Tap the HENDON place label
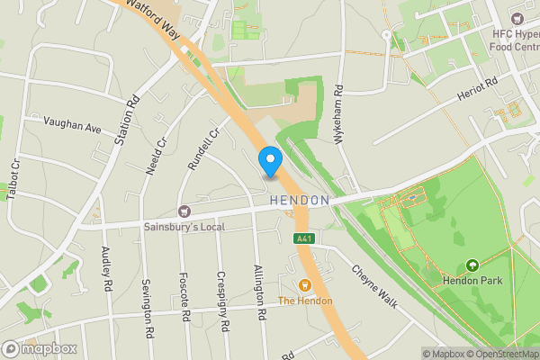click(300, 200)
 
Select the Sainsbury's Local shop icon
click(184, 211)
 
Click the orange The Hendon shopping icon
click(304, 284)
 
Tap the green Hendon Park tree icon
click(472, 265)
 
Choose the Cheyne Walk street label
click(374, 285)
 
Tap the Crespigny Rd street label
click(223, 301)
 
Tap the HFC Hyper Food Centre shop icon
click(516, 17)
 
